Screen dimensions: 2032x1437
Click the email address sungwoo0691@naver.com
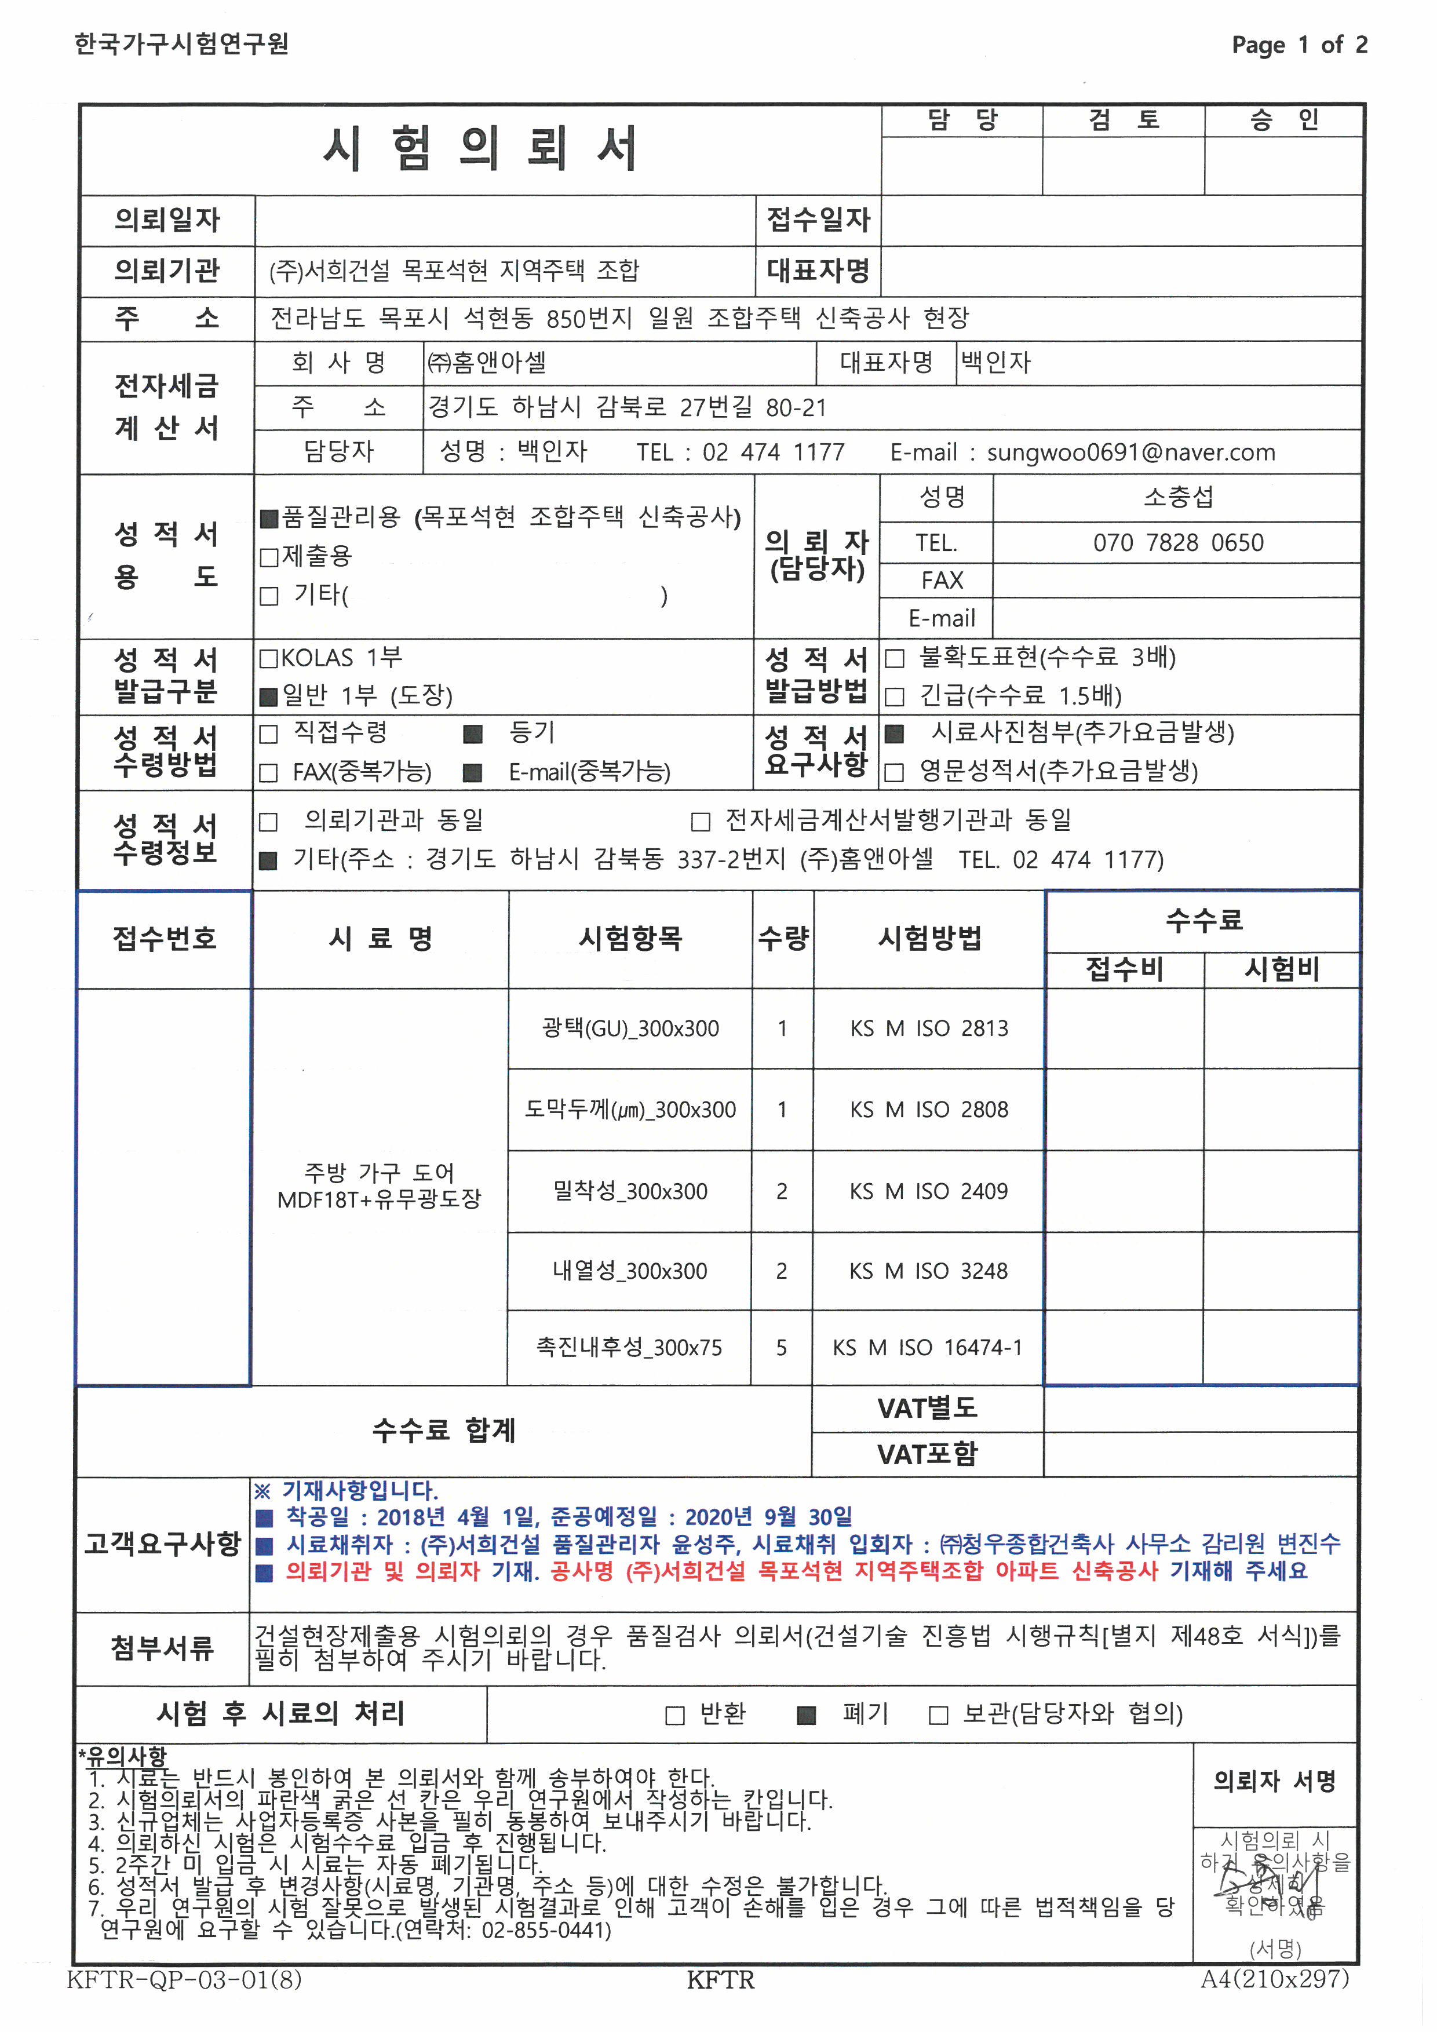pos(1131,453)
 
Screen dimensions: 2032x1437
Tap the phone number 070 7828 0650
pos(1178,542)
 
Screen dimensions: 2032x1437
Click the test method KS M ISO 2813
pos(928,1028)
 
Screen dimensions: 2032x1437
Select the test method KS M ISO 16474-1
pos(927,1348)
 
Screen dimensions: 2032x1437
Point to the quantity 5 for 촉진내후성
pos(781,1348)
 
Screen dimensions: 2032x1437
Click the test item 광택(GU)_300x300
pos(630,1028)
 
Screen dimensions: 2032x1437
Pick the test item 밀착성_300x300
pos(630,1191)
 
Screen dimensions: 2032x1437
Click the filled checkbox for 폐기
pos(806,1715)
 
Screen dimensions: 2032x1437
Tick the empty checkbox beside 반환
pos(674,1715)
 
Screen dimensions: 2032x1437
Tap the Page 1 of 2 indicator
pos(1299,44)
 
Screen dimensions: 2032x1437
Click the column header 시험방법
pos(929,938)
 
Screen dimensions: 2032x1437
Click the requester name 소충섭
pos(1178,497)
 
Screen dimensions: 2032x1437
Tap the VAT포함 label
pos(927,1454)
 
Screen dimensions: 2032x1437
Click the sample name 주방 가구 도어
pos(379,1173)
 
